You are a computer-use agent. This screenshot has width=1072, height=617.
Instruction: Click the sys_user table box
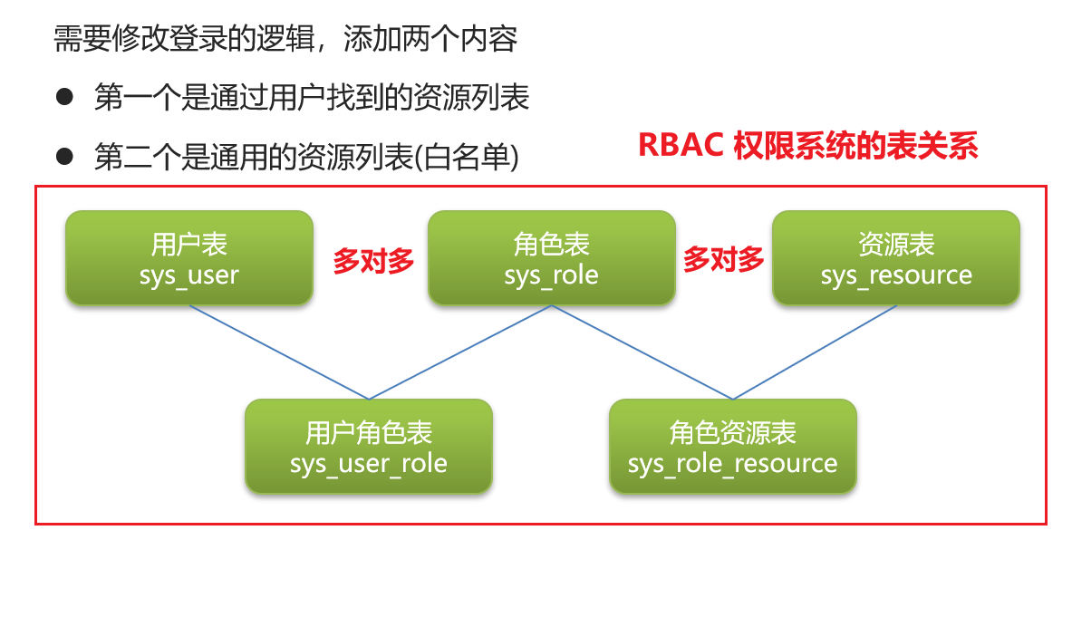click(x=189, y=258)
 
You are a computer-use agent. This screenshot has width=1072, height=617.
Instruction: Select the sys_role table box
click(x=551, y=258)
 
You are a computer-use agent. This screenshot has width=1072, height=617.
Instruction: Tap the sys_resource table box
click(x=895, y=258)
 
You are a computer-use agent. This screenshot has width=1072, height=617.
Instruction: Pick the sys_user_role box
click(x=368, y=447)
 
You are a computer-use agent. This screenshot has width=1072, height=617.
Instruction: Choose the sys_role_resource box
click(x=732, y=447)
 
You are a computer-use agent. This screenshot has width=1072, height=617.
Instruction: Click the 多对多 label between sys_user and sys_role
click(x=372, y=261)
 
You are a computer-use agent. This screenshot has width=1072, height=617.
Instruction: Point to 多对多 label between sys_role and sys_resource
click(x=723, y=259)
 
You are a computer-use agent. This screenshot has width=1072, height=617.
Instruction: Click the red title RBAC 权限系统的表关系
click(x=807, y=145)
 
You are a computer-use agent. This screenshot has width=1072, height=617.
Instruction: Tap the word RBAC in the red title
click(x=680, y=145)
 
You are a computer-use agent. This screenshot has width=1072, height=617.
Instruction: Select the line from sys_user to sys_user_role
click(x=279, y=352)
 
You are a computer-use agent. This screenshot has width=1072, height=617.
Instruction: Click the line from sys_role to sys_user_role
click(x=460, y=352)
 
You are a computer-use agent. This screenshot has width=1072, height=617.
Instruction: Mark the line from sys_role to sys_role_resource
click(x=642, y=352)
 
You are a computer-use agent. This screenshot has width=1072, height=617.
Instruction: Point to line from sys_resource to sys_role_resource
click(x=815, y=352)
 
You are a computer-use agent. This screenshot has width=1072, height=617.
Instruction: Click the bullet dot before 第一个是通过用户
click(x=64, y=96)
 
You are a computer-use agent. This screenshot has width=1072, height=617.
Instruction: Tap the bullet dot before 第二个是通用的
click(x=64, y=156)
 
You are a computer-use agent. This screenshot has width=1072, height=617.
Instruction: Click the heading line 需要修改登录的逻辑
click(x=285, y=39)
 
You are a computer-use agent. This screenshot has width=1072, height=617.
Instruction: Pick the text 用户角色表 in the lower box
click(x=368, y=433)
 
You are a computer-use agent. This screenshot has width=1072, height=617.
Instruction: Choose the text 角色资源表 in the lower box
click(x=732, y=433)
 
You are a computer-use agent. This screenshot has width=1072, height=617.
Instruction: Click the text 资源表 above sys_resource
click(x=895, y=244)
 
